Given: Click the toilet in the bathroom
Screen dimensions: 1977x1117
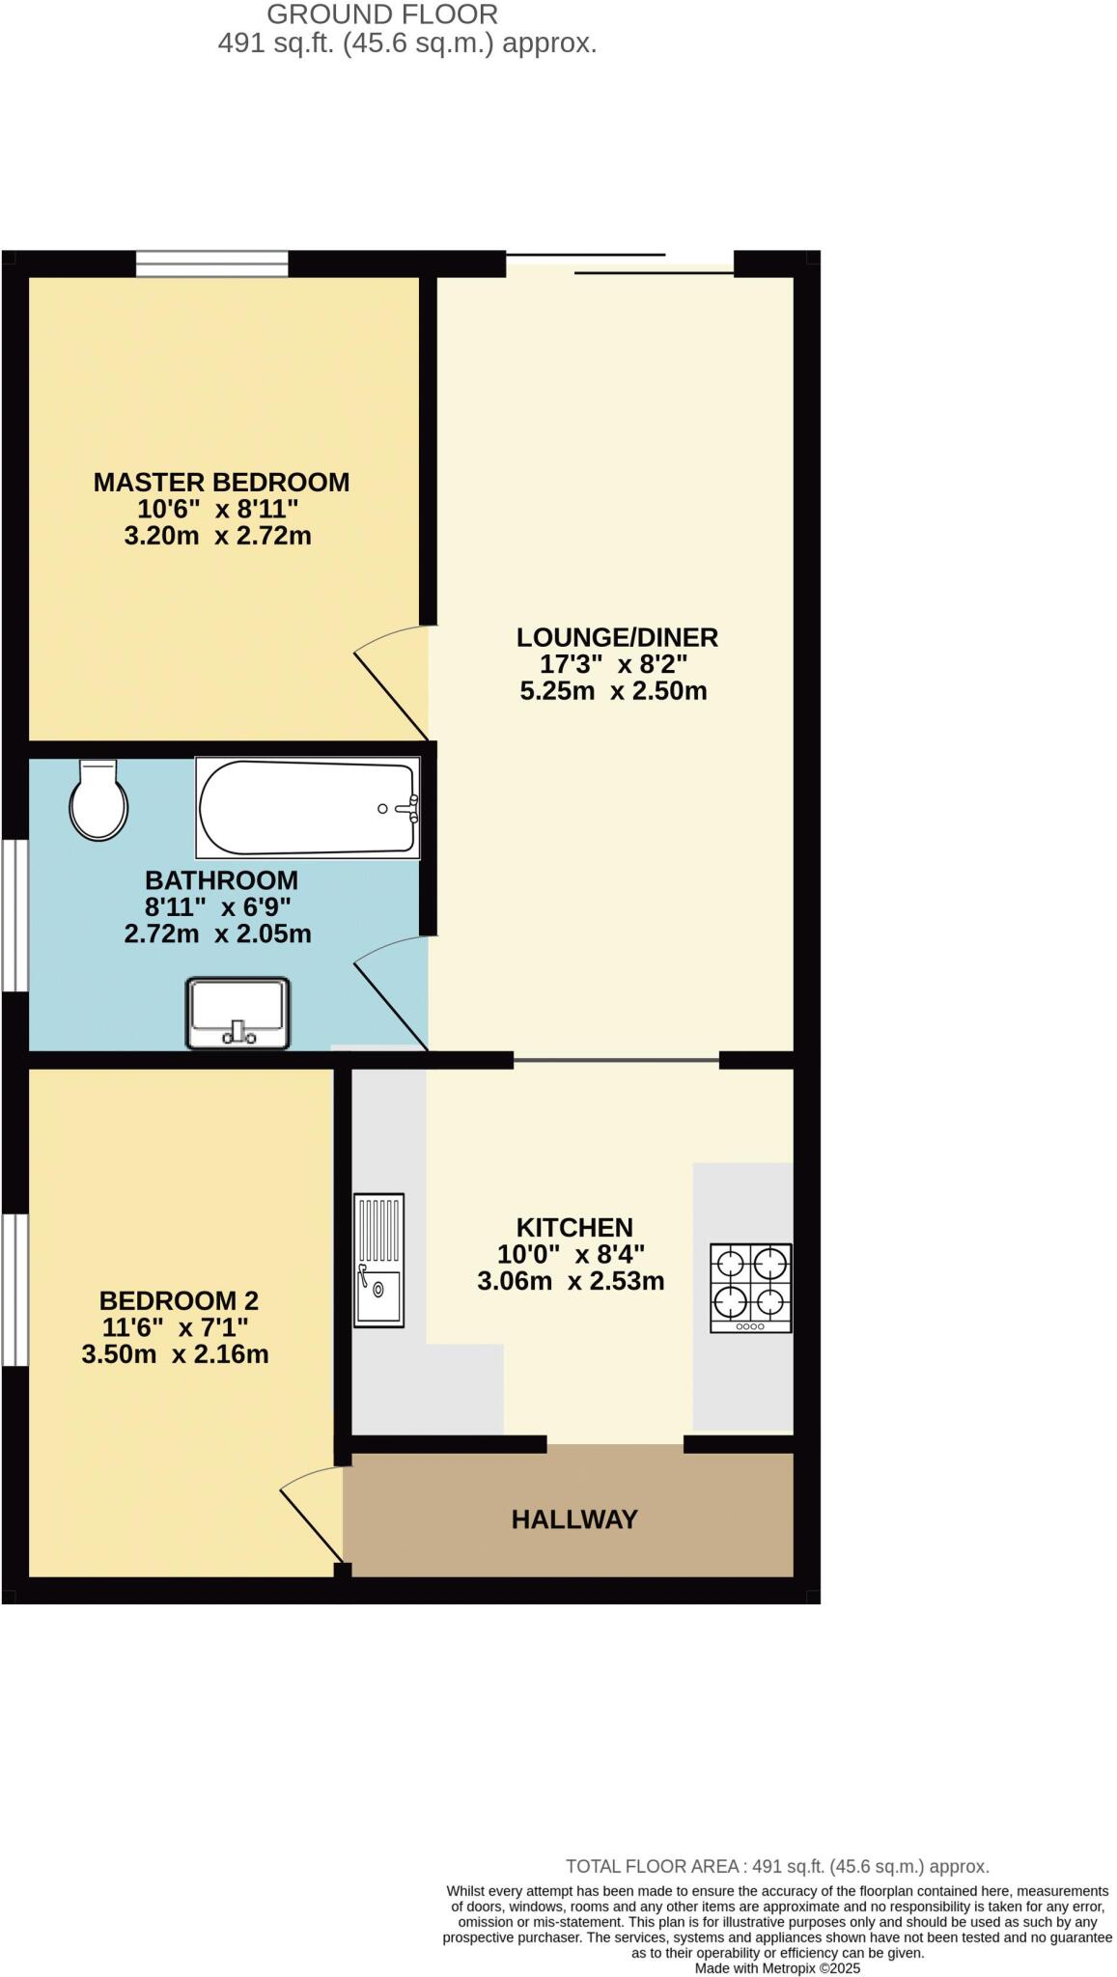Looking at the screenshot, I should (x=98, y=800).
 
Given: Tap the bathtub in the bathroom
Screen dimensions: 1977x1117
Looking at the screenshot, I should (x=307, y=808).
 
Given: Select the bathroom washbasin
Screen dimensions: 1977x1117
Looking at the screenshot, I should (x=237, y=1013).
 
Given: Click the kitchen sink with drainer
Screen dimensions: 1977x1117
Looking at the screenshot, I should (x=378, y=1260).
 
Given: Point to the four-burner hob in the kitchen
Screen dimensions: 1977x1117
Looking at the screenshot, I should (x=750, y=1288).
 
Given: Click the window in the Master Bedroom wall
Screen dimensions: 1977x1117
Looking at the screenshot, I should (x=211, y=264).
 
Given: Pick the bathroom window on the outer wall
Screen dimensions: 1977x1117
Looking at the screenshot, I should (x=14, y=915).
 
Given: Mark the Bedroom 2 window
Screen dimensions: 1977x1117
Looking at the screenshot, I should (x=14, y=1290).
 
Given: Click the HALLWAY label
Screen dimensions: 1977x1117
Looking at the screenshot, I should (x=574, y=1519).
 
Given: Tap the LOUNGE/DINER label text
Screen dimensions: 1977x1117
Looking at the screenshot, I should (x=617, y=637).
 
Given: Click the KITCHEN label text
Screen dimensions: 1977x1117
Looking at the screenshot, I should (x=574, y=1227).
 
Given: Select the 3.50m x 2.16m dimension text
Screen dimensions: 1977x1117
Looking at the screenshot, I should (x=175, y=1354).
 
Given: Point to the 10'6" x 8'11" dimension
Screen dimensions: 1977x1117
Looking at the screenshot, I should (x=218, y=509).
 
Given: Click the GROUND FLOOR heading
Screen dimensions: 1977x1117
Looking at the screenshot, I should (x=382, y=14).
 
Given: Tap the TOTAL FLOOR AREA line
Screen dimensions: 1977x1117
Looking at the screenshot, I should (x=777, y=1867).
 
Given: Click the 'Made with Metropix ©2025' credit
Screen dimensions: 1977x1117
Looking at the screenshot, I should (x=777, y=1968).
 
